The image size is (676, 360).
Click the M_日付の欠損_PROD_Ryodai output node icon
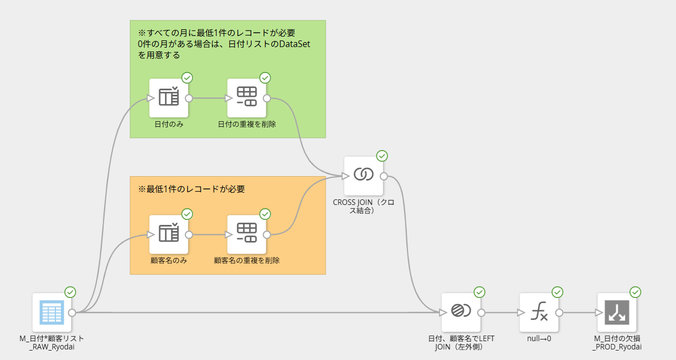tap(617, 312)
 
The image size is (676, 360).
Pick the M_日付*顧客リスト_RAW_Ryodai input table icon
tap(52, 312)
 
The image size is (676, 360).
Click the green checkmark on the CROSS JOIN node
tap(382, 156)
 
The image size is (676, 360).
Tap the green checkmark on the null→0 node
tap(558, 292)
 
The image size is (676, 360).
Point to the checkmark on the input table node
tap(70, 292)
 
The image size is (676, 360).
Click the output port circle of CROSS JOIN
tap(384, 176)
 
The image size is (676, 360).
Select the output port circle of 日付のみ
tap(189, 98)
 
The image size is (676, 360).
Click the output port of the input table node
tap(72, 312)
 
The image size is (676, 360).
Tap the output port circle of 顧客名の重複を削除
tap(266, 235)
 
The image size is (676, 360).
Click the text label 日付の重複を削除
tap(247, 124)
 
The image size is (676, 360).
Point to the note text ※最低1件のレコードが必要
tap(192, 189)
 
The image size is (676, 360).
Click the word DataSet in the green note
tap(295, 44)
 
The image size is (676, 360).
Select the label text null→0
tap(539, 338)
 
